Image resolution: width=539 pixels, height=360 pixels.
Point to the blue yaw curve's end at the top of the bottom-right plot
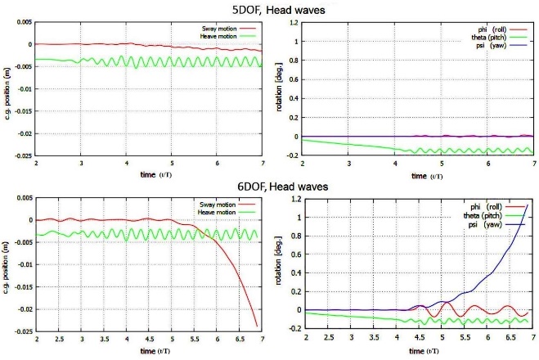tap(527, 205)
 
